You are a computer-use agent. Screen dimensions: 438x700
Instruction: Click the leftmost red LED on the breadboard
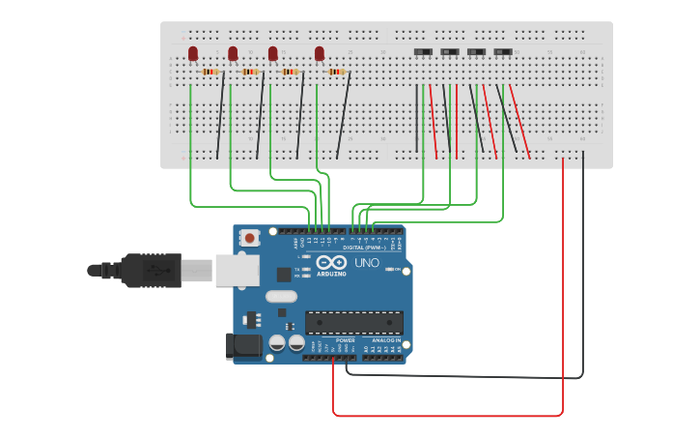coord(193,53)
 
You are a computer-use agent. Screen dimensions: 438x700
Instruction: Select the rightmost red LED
coord(320,53)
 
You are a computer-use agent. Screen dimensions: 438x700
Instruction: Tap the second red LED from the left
coord(233,53)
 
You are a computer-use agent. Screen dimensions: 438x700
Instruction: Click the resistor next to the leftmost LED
coord(210,72)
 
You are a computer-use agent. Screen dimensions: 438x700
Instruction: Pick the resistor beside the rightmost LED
coord(336,72)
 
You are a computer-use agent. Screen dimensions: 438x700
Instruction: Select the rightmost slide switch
coord(503,51)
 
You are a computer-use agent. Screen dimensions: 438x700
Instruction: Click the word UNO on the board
coord(367,263)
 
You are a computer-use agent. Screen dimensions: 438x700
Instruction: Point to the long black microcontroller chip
coord(353,322)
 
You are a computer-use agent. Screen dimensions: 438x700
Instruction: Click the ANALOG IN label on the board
coord(386,340)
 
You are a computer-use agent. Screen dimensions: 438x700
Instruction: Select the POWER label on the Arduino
coord(346,340)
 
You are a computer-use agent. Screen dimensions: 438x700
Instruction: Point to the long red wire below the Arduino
coord(444,416)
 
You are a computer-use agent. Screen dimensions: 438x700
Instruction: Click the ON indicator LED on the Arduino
coord(388,270)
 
